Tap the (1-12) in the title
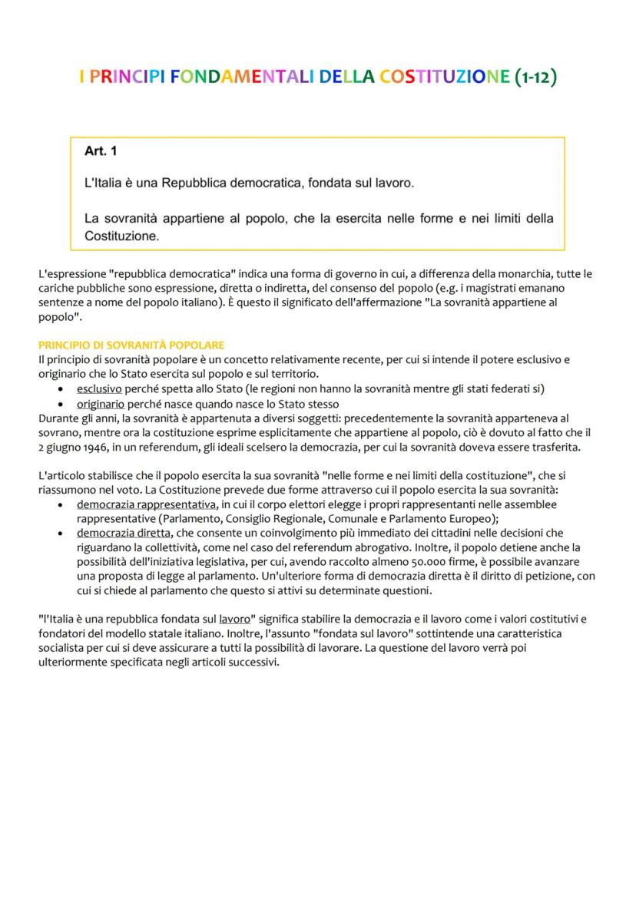pyautogui.click(x=535, y=77)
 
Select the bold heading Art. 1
pyautogui.click(x=101, y=152)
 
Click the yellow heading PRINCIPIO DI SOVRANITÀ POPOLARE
pyautogui.click(x=131, y=345)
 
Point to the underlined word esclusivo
pyautogui.click(x=99, y=389)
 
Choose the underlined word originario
pyautogui.click(x=101, y=404)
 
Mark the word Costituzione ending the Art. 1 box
pyautogui.click(x=121, y=236)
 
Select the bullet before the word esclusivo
pyautogui.click(x=61, y=390)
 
